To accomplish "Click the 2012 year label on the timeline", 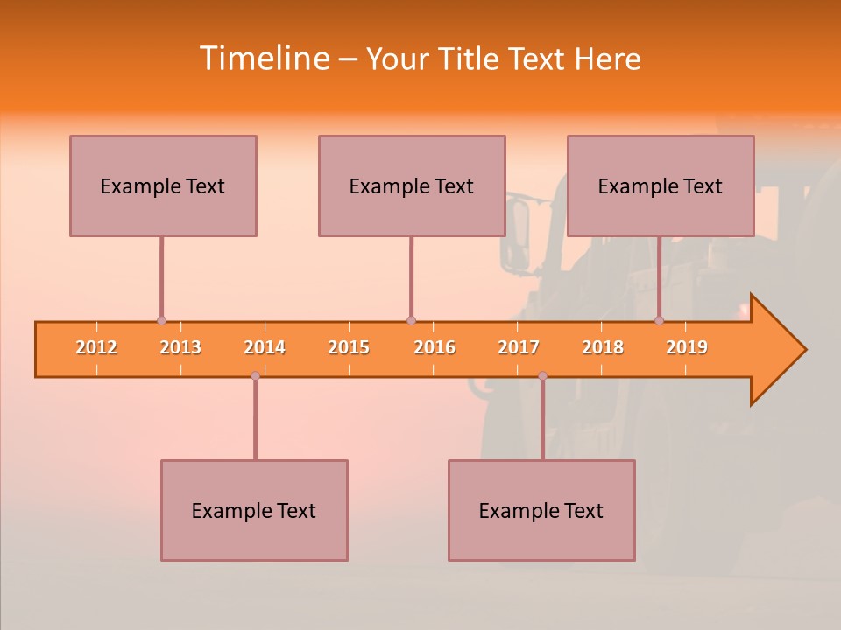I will (x=96, y=347).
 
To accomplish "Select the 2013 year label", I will (x=180, y=347).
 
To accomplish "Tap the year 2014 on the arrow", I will (x=265, y=347).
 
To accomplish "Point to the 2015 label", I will (x=349, y=347).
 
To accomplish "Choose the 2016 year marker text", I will (x=435, y=347).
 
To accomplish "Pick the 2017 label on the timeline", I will (x=519, y=347).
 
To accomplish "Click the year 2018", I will (x=603, y=347).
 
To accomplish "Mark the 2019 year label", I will (x=687, y=347).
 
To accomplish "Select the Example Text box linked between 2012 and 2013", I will (x=163, y=185).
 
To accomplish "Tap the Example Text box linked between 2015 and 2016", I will (x=412, y=185).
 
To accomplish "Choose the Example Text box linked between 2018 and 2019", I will (x=661, y=185).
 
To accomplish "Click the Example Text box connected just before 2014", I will (x=254, y=510).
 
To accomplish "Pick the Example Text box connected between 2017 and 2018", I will (x=541, y=510).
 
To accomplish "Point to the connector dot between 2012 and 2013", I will (x=161, y=320).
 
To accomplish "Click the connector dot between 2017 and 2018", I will (x=542, y=376).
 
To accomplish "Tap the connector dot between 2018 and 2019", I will (x=659, y=320).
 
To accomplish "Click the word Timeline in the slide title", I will (x=263, y=59).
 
